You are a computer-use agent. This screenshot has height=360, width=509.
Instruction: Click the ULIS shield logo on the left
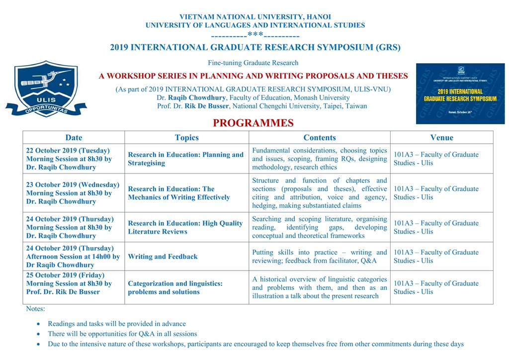click(x=46, y=89)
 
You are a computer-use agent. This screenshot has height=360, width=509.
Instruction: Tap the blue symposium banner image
click(x=460, y=93)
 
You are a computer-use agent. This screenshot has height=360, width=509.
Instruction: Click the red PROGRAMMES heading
click(x=253, y=123)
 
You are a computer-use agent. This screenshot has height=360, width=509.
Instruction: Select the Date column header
click(x=74, y=138)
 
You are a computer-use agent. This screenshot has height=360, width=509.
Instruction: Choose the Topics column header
click(x=186, y=138)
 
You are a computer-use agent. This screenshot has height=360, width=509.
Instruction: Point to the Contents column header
click(x=320, y=138)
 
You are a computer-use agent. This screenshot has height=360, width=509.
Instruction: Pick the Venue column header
click(x=441, y=138)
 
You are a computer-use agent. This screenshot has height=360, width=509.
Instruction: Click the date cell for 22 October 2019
click(x=69, y=159)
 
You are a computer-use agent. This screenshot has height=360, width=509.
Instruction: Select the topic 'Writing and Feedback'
click(x=163, y=257)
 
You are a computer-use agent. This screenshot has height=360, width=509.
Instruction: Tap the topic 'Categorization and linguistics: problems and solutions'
click(x=175, y=287)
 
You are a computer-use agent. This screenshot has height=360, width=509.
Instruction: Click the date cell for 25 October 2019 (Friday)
click(x=69, y=283)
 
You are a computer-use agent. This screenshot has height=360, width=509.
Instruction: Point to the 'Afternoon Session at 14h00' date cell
click(x=73, y=257)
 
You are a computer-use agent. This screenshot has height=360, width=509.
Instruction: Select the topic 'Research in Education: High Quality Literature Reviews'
click(x=185, y=227)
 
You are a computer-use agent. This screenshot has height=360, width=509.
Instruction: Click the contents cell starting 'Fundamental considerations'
click(x=319, y=159)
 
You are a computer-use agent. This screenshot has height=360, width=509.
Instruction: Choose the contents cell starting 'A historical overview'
click(x=319, y=287)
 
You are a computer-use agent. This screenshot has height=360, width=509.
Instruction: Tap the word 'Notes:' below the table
click(x=35, y=309)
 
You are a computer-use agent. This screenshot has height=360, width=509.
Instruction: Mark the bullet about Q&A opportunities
click(x=122, y=334)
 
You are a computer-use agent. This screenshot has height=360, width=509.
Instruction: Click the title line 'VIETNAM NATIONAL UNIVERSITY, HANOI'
click(x=255, y=17)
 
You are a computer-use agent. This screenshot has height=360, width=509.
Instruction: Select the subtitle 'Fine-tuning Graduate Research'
click(x=253, y=63)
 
